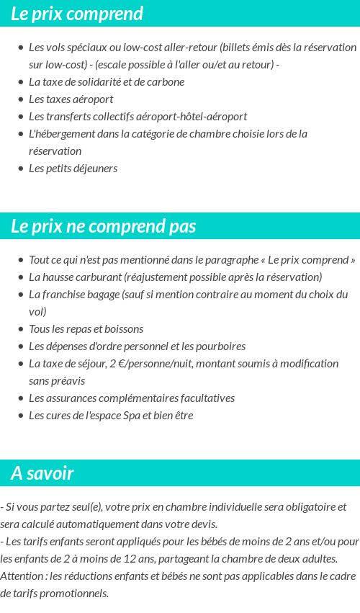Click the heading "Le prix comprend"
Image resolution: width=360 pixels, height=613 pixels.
(77, 14)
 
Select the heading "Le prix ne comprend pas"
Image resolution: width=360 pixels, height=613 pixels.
(103, 226)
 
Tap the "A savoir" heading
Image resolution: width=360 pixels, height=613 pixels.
(42, 473)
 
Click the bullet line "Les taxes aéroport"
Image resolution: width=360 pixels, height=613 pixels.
(71, 99)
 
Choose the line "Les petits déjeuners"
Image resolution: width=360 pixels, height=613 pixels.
(73, 169)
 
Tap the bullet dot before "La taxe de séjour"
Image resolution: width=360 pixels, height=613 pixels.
(21, 364)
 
